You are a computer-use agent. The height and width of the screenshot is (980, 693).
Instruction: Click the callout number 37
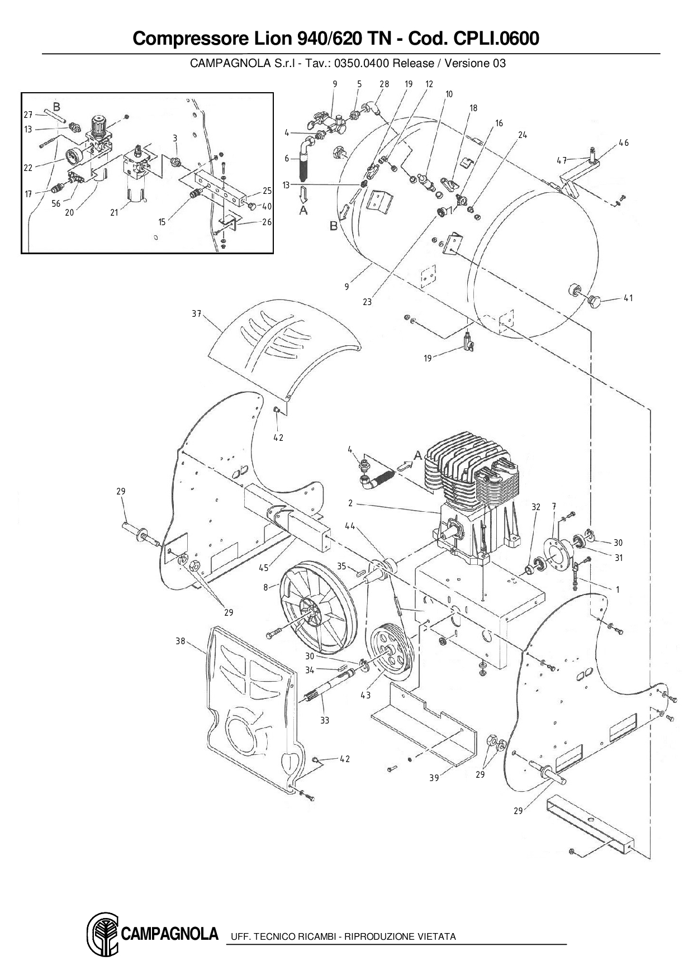pyautogui.click(x=196, y=314)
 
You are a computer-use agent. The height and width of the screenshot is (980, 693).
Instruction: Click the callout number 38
pyautogui.click(x=180, y=641)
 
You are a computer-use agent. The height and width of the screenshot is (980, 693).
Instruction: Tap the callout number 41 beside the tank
pyautogui.click(x=628, y=298)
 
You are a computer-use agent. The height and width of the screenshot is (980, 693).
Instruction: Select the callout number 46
pyautogui.click(x=624, y=143)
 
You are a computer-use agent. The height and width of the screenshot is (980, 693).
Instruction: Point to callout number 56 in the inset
pyautogui.click(x=56, y=204)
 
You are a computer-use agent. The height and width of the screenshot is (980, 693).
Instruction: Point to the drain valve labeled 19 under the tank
pyautogui.click(x=468, y=341)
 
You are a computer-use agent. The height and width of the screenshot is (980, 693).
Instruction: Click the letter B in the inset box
pyautogui.click(x=56, y=106)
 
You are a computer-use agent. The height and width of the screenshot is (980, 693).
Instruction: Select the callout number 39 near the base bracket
pyautogui.click(x=434, y=778)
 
